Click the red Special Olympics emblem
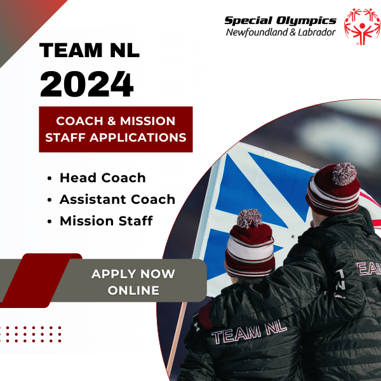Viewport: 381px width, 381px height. click(362, 27)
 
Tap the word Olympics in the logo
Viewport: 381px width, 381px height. click(306, 22)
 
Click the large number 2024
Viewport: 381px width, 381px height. click(87, 84)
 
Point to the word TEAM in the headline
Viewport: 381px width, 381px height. click(71, 50)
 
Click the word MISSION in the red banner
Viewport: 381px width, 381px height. click(147, 121)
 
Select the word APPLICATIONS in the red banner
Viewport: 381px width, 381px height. click(138, 138)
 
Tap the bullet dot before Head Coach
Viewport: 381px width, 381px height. click(50, 178)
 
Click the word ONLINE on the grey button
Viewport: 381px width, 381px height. click(133, 290)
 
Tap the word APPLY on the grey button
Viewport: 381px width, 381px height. click(113, 274)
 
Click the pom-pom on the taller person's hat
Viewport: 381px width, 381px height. click(344, 174)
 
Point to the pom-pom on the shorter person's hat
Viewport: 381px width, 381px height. click(250, 218)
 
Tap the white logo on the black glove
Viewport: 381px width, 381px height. click(197, 327)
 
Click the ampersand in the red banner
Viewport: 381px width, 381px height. click(112, 121)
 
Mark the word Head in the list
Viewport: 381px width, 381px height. click(78, 178)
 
